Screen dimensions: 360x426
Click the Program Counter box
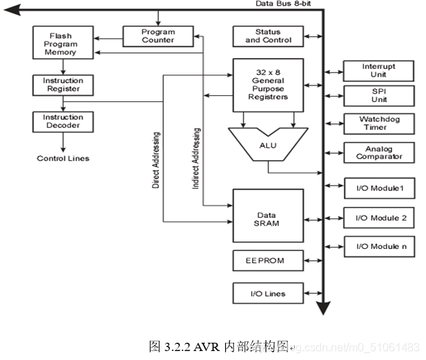[x=157, y=35]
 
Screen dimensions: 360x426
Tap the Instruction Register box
[x=63, y=85]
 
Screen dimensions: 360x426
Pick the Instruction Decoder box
[x=63, y=121]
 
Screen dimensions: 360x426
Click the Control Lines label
[x=63, y=159]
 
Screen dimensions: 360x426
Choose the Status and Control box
[x=268, y=36]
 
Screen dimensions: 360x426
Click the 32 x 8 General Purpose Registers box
[x=268, y=84]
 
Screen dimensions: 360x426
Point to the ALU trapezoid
[x=268, y=143]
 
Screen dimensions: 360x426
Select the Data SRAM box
[x=268, y=215]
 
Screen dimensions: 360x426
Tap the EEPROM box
[x=268, y=261]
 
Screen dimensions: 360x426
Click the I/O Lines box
[x=268, y=293]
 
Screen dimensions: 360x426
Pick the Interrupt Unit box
[x=379, y=71]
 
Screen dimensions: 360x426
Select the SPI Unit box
[x=379, y=95]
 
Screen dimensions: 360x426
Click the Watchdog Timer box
[x=379, y=123]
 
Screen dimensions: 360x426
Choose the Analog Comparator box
[x=379, y=152]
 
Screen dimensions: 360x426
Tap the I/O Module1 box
[x=379, y=188]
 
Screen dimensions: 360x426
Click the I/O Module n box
[x=379, y=246]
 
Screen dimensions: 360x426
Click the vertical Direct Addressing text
[x=156, y=160]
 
